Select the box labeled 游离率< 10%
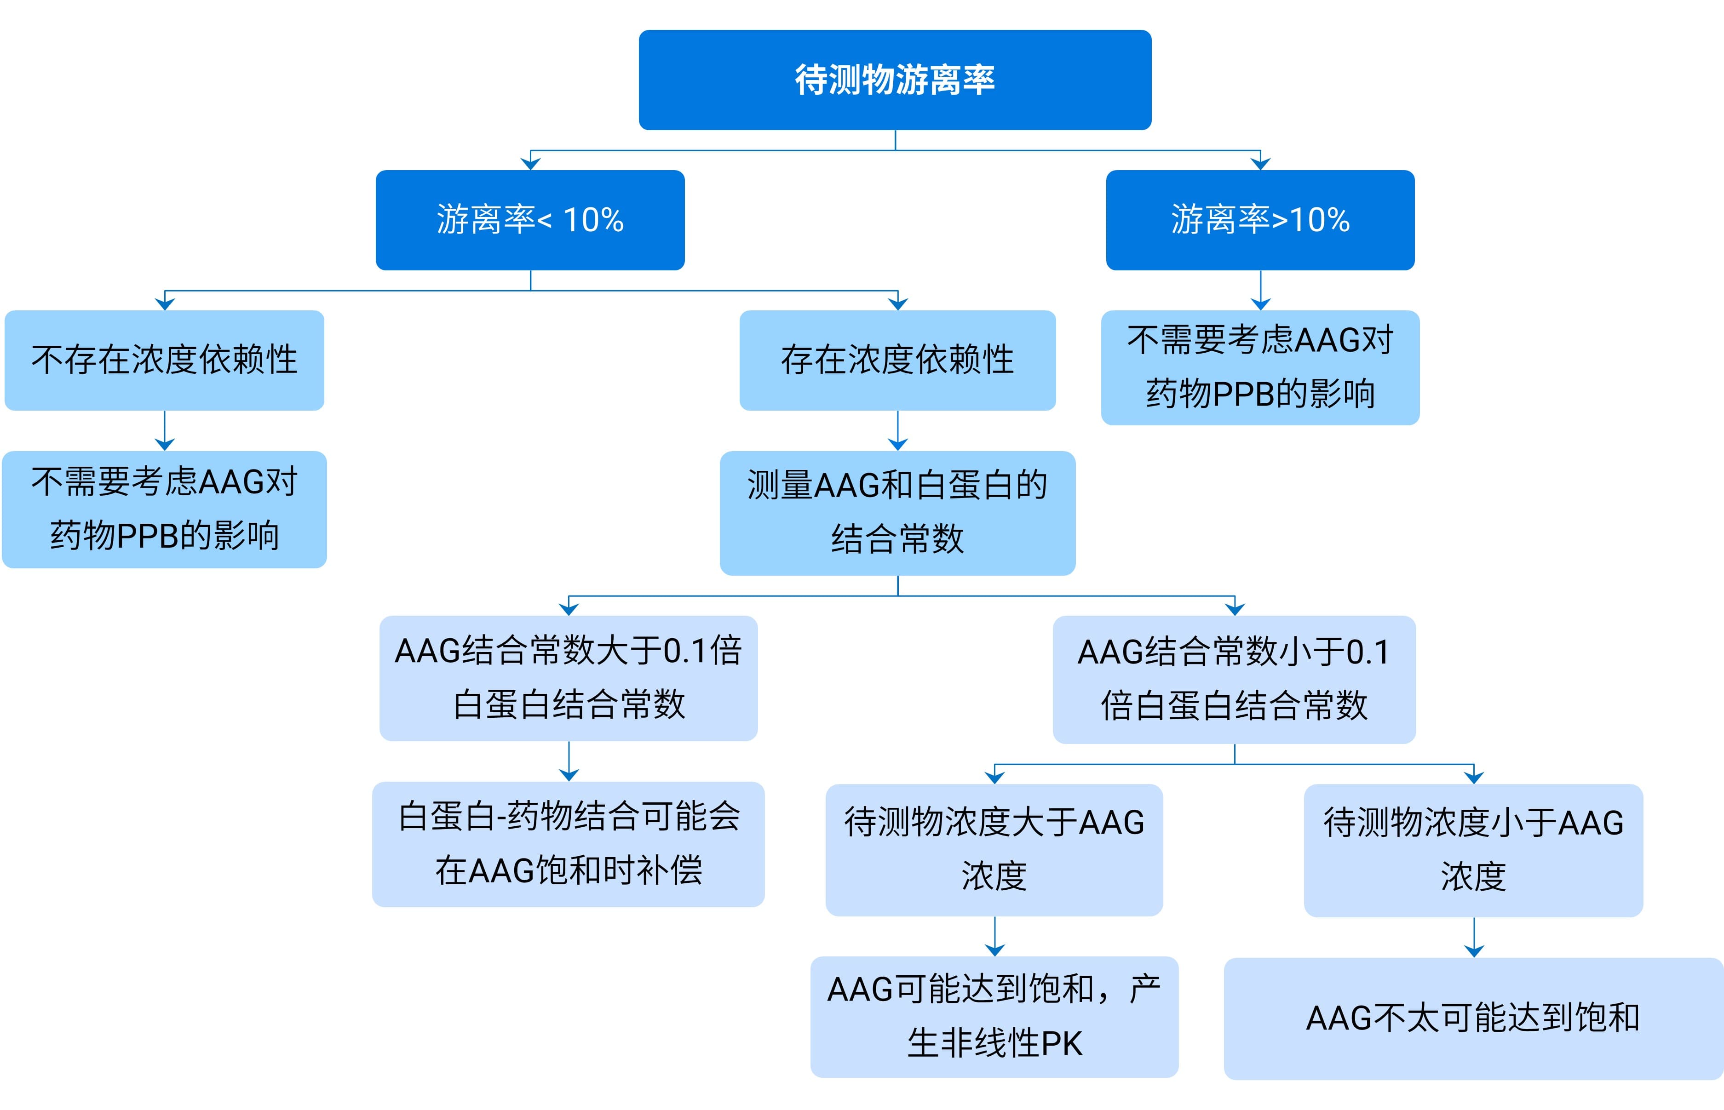pos(530,220)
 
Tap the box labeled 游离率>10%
pos(1260,220)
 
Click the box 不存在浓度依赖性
pos(164,360)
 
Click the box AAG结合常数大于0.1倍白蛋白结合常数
pos(568,677)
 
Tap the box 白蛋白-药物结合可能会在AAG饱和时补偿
pos(568,843)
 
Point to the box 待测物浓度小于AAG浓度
pos(1473,850)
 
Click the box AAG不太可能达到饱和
pos(1473,1018)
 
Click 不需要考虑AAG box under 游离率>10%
pos(1260,367)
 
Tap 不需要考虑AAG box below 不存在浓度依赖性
pos(164,509)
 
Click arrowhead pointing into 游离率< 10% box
pos(531,164)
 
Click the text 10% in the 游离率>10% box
pos(1320,220)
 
